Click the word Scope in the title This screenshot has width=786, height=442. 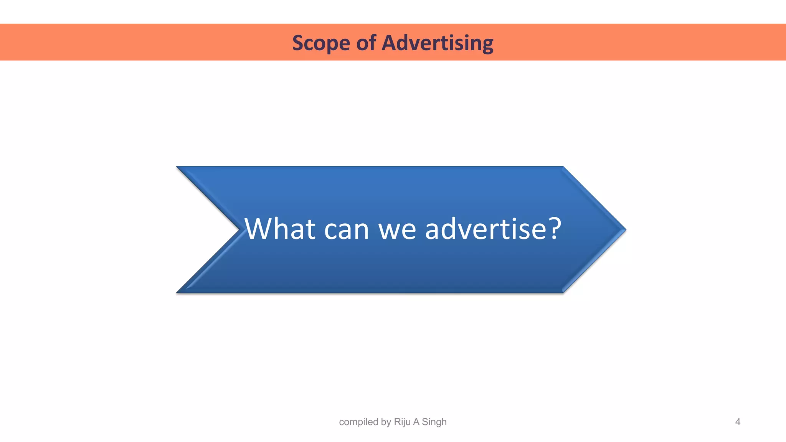point(320,43)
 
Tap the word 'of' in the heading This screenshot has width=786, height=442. point(366,42)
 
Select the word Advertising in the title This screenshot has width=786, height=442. point(438,43)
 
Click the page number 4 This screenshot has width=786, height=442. point(737,422)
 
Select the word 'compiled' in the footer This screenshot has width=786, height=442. point(358,422)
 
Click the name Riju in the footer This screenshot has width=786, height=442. point(402,422)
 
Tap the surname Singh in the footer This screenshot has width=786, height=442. point(434,422)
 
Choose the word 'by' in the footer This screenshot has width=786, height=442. point(386,422)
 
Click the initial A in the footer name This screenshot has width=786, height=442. point(416,422)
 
